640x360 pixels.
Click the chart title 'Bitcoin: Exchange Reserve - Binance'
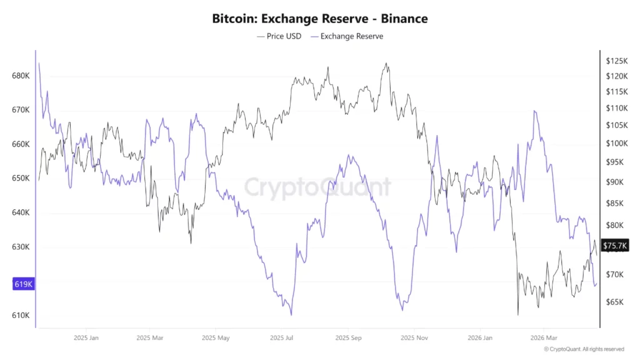pyautogui.click(x=320, y=18)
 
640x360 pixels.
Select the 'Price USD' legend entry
pyautogui.click(x=279, y=36)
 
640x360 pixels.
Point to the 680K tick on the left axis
pyautogui.click(x=21, y=76)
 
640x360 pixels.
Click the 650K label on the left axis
pyautogui.click(x=21, y=178)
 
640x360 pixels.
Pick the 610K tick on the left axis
pyautogui.click(x=21, y=315)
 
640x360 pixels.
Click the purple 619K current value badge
pyautogui.click(x=23, y=284)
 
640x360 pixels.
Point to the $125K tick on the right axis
pyautogui.click(x=616, y=61)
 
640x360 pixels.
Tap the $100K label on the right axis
pyautogui.click(x=616, y=143)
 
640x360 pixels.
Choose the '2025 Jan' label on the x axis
pyautogui.click(x=86, y=338)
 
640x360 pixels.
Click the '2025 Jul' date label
pyautogui.click(x=281, y=338)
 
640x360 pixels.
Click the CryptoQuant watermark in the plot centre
pyautogui.click(x=317, y=187)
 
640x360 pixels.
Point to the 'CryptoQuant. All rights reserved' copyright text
pyautogui.click(x=584, y=349)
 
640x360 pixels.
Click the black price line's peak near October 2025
pyautogui.click(x=386, y=63)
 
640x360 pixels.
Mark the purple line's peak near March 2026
pyautogui.click(x=534, y=111)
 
